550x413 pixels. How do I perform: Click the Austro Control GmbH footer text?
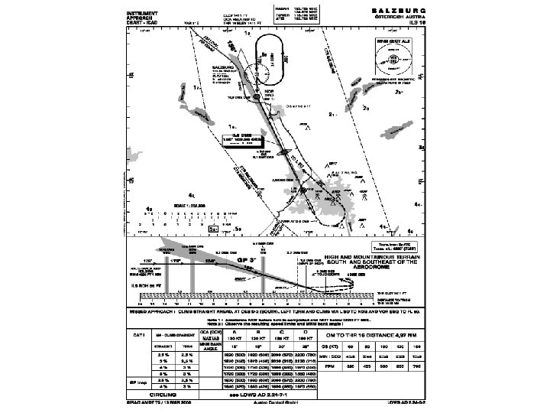coord(280,403)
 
